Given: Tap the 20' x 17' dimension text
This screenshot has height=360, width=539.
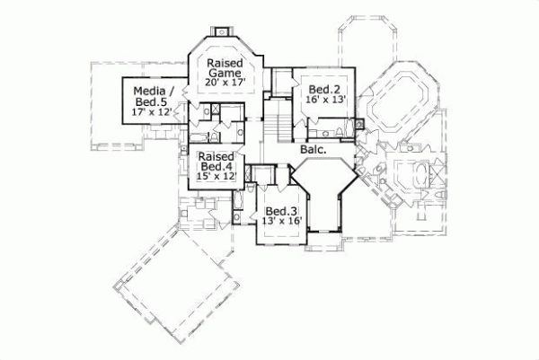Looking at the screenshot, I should point(225,83).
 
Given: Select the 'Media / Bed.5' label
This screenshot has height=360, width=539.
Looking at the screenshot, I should point(150,96).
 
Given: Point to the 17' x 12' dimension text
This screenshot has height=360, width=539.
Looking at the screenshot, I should point(150,113).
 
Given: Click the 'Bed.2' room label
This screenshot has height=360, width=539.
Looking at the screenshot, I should point(323,90).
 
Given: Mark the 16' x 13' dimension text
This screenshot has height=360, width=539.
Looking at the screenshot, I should point(323,102).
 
